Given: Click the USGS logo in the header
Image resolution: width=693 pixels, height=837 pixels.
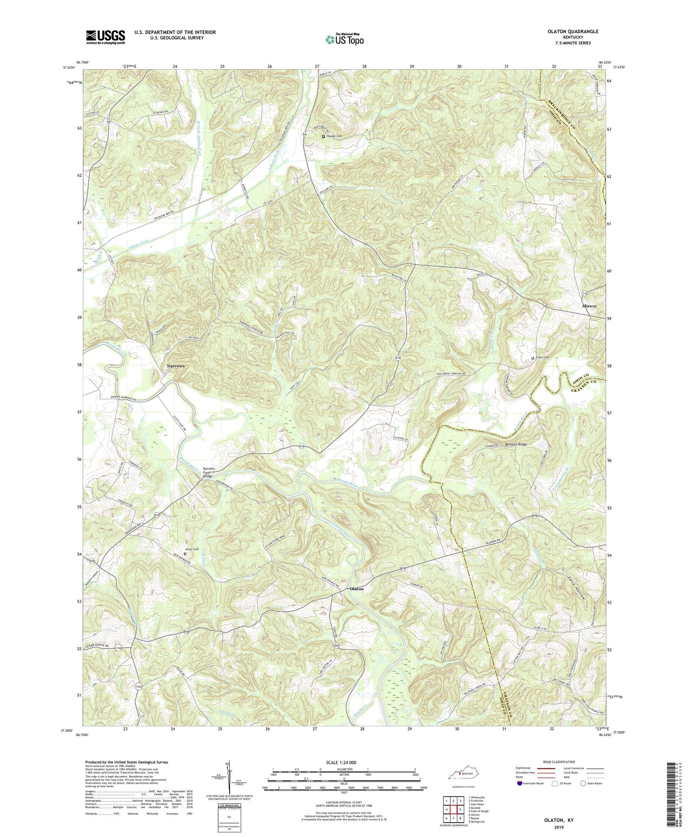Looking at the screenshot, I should click(x=105, y=37).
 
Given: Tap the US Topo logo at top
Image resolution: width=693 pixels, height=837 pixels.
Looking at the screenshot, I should click(x=345, y=39).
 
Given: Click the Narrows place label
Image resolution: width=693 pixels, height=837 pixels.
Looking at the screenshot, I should click(x=175, y=366).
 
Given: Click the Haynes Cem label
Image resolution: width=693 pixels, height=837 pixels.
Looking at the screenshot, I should click(x=337, y=136).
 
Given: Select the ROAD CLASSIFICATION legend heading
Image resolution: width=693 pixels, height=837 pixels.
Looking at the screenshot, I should click(x=550, y=762).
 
